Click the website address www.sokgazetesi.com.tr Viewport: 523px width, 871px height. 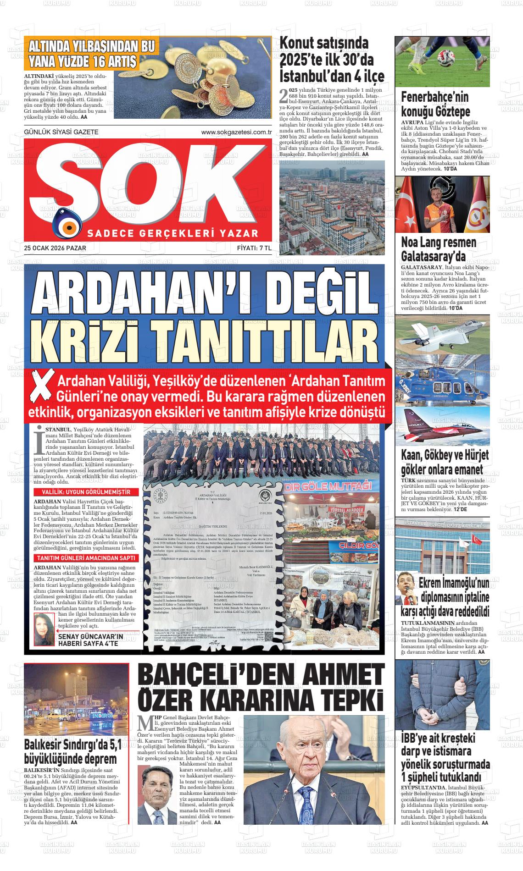tap(237, 132)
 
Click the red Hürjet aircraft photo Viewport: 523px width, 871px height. tap(442, 424)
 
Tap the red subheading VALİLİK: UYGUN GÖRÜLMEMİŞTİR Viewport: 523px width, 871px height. tap(80, 492)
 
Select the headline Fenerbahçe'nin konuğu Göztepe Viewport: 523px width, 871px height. tap(435, 104)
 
